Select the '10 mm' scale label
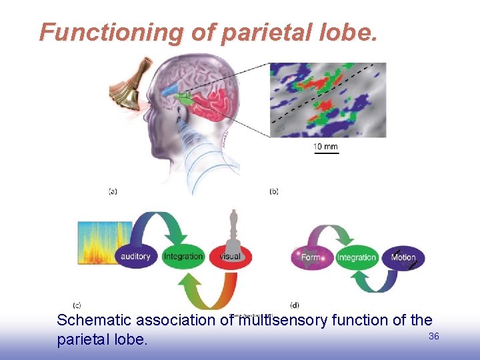coord(325,146)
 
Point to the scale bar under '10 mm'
coord(326,153)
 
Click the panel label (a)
coord(113,191)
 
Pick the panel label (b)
coord(274,191)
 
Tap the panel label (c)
coord(77,305)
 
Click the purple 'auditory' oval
coord(136,257)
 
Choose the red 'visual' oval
coord(231,257)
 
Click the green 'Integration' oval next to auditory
coord(183,257)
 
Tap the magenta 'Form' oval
coord(311,257)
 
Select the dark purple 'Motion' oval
coord(403,257)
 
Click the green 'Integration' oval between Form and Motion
coord(357,257)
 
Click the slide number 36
coord(433,337)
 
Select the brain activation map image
coord(327,100)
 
